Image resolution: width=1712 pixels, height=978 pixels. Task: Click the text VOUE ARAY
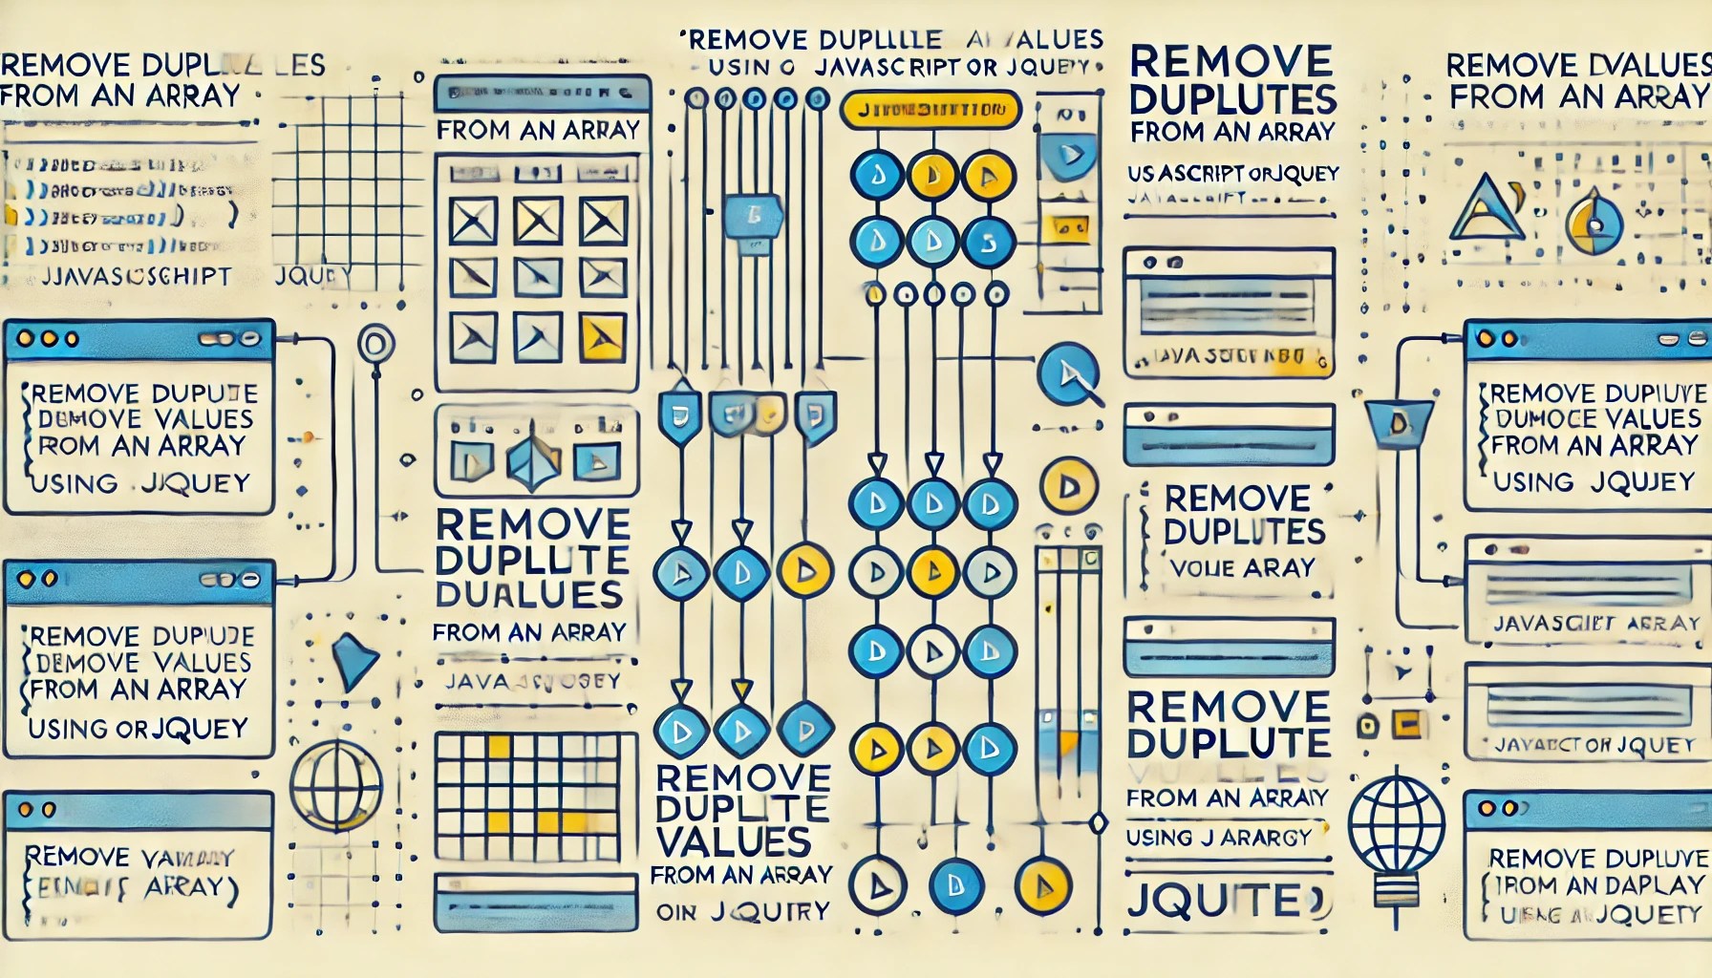[1241, 568]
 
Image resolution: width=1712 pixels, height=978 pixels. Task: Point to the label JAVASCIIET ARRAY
[1596, 623]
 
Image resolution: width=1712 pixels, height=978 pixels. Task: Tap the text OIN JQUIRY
[742, 911]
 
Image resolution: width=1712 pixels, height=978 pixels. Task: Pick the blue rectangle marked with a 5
[754, 216]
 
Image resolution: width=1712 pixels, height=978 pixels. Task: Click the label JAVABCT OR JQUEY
[1594, 745]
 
